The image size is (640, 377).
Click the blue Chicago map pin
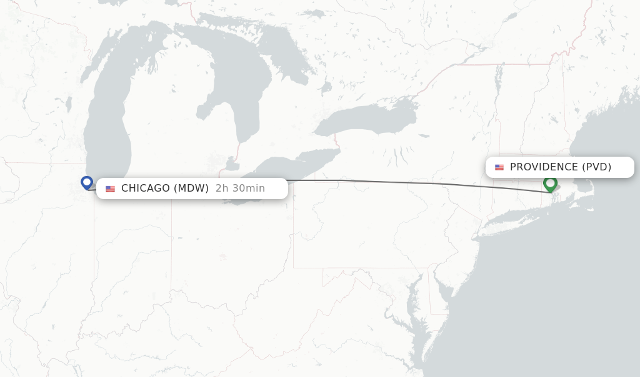[87, 182]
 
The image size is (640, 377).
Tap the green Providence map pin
[550, 184]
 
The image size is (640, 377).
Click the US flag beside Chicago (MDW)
[111, 188]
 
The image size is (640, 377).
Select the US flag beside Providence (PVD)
[499, 167]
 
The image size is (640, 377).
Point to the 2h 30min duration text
[240, 188]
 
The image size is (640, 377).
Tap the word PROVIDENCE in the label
[544, 167]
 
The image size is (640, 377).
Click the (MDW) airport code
[191, 188]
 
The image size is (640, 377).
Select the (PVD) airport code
[597, 167]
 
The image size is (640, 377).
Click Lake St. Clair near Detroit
[232, 165]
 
